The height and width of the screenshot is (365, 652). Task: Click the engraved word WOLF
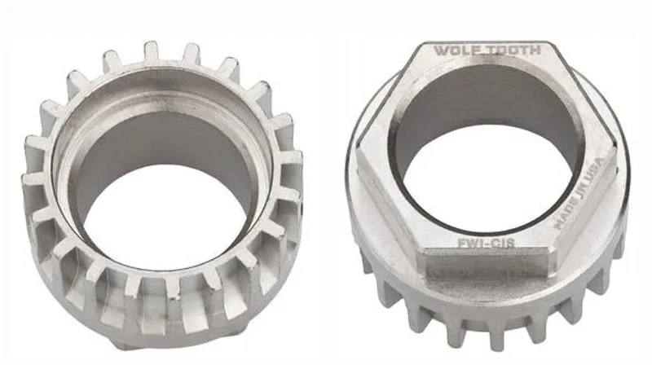point(455,51)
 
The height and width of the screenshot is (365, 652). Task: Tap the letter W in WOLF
point(440,51)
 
